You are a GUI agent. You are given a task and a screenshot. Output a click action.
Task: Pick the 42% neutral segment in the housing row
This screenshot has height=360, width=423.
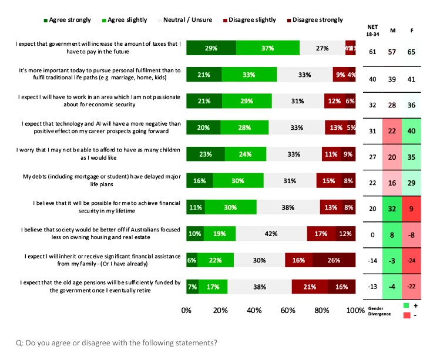pos(271,234)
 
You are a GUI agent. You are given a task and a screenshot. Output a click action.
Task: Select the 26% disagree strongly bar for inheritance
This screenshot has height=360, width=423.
pos(334,260)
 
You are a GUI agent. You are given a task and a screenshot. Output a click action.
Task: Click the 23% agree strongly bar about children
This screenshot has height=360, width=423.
pos(206,154)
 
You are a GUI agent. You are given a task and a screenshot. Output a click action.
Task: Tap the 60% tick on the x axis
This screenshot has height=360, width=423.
pos(288,310)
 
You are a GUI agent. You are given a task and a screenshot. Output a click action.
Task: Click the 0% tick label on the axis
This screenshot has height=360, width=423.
pos(187,310)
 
